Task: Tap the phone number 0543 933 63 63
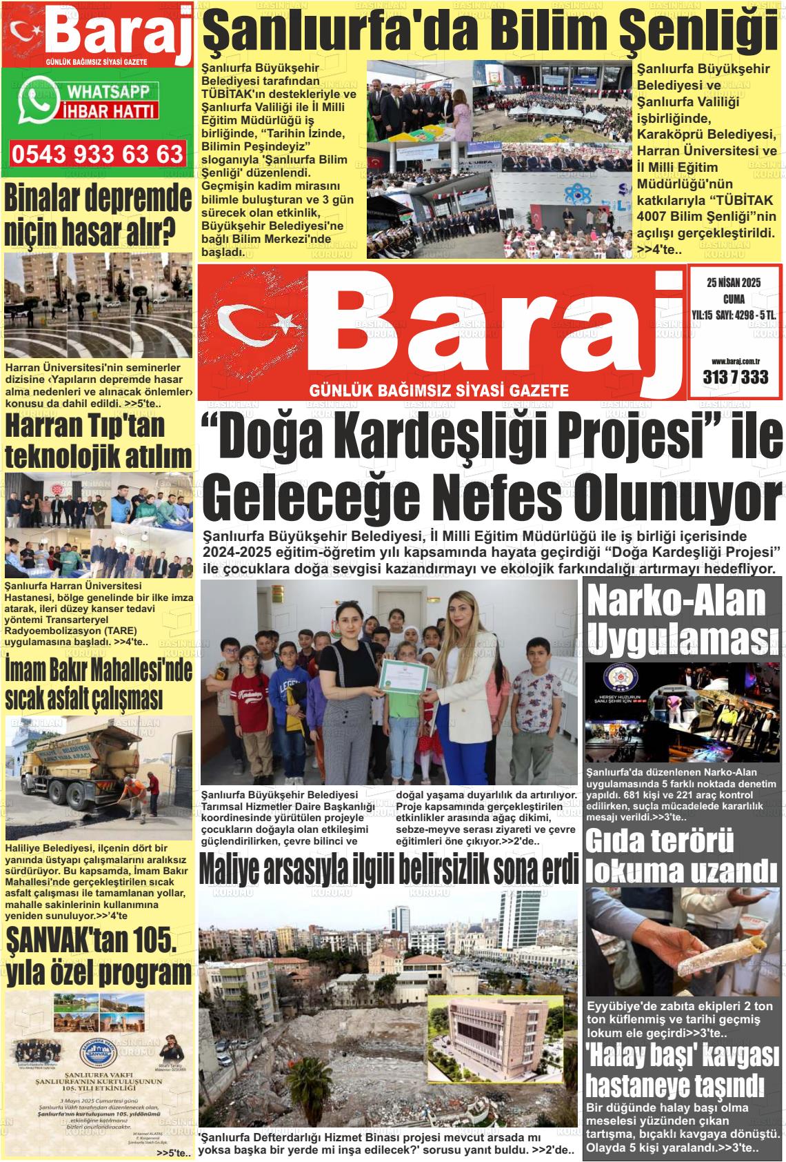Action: tap(97, 154)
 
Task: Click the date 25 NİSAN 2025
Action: tap(733, 282)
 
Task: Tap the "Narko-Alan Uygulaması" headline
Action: tap(676, 620)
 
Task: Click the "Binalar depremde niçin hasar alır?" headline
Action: tap(98, 215)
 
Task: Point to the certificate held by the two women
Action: tap(406, 678)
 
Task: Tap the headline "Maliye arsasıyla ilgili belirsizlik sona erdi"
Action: tap(388, 871)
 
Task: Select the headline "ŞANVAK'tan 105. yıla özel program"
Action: tap(98, 957)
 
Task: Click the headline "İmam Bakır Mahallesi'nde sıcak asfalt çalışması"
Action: tap(98, 684)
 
